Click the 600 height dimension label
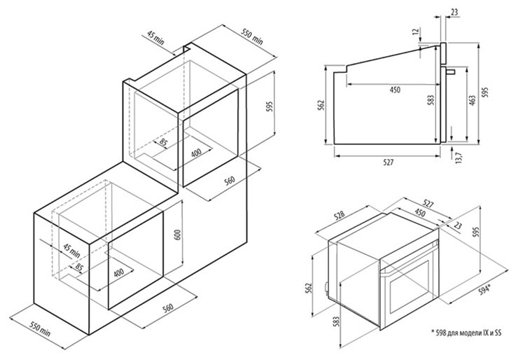(x=177, y=236)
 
